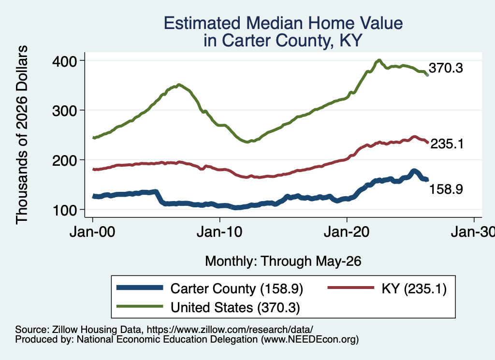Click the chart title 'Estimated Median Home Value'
pos(283,23)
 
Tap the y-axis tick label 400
pos(65,61)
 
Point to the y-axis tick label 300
pos(65,111)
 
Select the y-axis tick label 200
pos(65,160)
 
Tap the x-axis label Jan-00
pos(92,232)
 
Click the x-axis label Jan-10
pos(219,232)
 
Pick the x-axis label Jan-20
pos(347,232)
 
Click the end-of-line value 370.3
pos(446,68)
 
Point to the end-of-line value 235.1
pos(447,144)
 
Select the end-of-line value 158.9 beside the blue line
pos(446,189)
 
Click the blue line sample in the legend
pos(140,288)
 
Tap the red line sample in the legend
pos(351,288)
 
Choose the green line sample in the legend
pos(140,306)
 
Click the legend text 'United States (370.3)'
pos(235,307)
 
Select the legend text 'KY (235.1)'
pos(414,288)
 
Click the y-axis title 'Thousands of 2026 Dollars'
pos(22,135)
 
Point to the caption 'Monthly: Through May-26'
pos(283,261)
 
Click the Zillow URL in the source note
pos(230,330)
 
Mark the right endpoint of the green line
pos(427,75)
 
